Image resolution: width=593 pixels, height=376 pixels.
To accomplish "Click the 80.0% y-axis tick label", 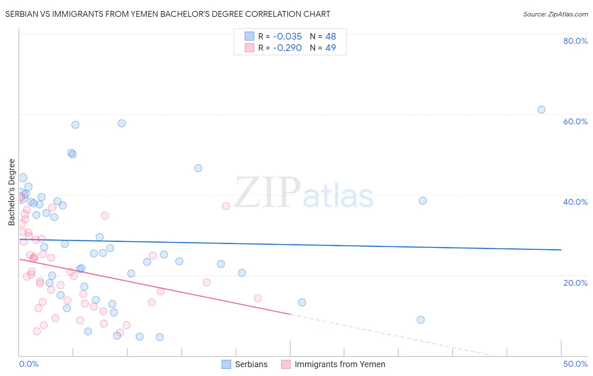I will tap(575, 41).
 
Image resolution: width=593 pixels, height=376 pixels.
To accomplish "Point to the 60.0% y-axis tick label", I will tap(575, 121).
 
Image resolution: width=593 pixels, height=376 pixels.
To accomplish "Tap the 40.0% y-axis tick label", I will tap(575, 202).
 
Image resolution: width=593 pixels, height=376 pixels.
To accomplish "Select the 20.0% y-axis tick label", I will tap(575, 282).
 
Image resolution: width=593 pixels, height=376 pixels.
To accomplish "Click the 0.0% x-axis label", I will tap(29, 364).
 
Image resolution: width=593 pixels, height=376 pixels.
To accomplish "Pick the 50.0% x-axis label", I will tap(575, 364).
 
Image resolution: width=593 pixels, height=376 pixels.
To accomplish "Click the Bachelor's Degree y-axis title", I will tap(12, 192).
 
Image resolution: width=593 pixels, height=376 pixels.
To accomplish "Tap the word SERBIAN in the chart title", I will tap(21, 14).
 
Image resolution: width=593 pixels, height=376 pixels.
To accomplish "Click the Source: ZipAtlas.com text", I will tap(555, 14).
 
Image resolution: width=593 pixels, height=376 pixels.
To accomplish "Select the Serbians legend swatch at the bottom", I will tap(226, 364).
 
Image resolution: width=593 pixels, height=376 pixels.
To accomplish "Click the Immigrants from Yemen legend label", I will tap(340, 364).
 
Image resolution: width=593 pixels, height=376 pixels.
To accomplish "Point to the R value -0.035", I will tap(287, 37).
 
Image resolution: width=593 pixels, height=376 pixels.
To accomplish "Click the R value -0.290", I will tap(287, 48).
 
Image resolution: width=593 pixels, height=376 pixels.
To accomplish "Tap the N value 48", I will tap(331, 37).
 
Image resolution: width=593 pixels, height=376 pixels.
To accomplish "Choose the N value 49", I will tap(331, 48).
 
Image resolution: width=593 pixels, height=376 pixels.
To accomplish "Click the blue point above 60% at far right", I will tap(541, 110).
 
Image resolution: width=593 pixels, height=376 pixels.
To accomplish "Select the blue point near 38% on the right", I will tap(423, 201).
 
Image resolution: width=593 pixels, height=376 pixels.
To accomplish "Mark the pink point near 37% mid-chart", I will tap(226, 206).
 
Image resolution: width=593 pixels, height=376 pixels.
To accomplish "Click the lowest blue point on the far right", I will tap(420, 320).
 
